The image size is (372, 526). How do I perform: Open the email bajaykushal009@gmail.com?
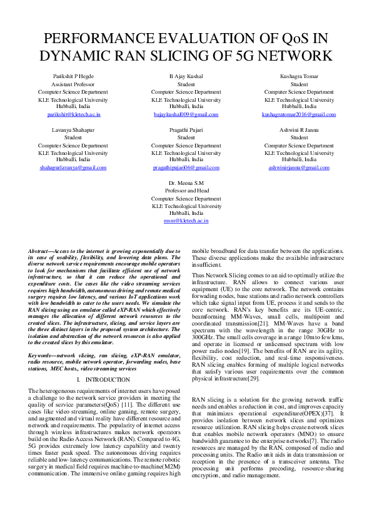point(186,114)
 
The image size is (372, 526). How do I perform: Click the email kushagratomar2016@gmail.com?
point(299,114)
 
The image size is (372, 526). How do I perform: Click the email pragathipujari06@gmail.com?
point(186,167)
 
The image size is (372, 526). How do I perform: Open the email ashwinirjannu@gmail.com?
point(299,167)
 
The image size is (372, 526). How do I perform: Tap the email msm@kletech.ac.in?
point(186,221)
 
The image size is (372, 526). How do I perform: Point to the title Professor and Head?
point(186,191)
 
